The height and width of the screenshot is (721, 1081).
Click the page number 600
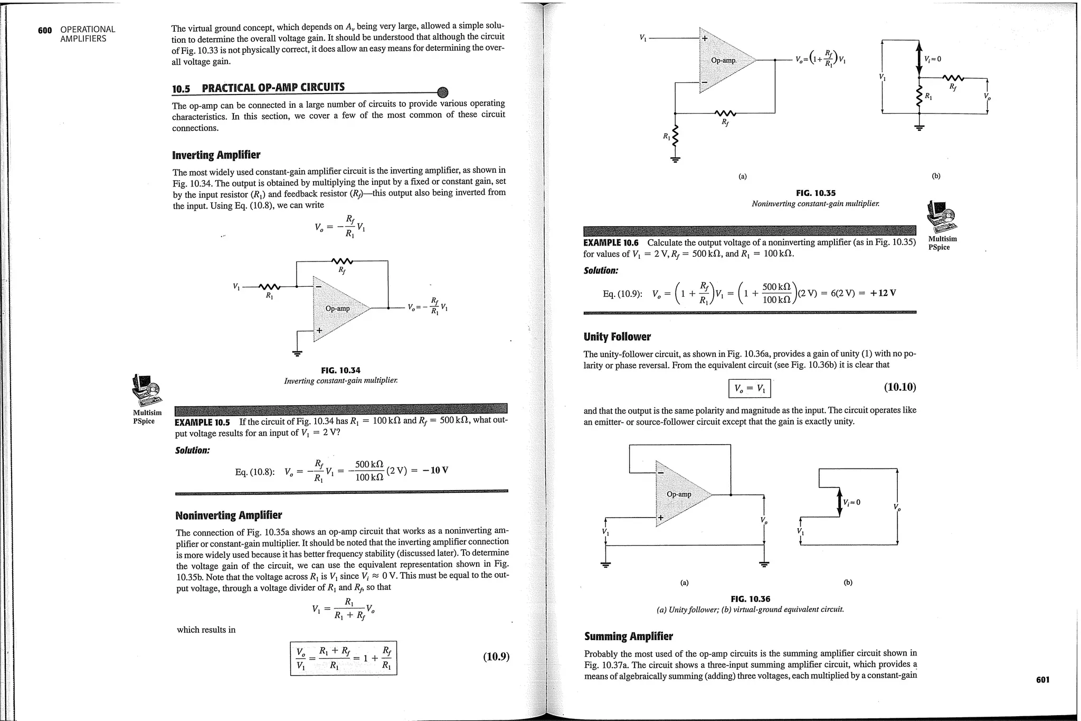coord(45,30)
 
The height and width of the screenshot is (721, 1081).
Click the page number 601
coord(1042,679)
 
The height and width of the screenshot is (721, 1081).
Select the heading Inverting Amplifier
coord(216,155)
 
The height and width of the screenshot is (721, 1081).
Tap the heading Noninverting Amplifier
coord(228,515)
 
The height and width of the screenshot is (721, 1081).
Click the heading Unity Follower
coord(617,336)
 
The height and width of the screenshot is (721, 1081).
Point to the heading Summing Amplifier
coord(628,636)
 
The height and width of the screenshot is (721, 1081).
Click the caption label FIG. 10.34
coord(340,370)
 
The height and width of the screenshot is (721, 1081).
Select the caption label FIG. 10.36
coord(750,598)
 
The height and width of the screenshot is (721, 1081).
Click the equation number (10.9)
coord(496,657)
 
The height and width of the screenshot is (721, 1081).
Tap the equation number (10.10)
coord(899,387)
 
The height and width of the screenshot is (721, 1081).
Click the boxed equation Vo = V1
coord(749,389)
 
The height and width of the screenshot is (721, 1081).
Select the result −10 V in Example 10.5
coord(435,470)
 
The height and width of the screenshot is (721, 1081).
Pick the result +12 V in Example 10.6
coord(883,293)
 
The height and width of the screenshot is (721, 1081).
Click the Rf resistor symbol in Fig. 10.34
coord(342,260)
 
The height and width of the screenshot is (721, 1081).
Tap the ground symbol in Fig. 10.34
coord(298,352)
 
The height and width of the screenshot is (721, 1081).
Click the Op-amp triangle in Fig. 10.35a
coord(724,60)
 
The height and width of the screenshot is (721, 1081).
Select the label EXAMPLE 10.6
coord(611,243)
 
